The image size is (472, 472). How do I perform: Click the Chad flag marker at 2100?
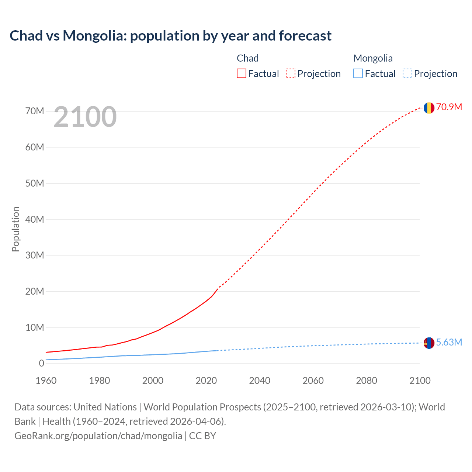[x=429, y=108]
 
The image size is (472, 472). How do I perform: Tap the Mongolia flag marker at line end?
[x=429, y=343]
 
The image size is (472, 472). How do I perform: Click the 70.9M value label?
[x=449, y=107]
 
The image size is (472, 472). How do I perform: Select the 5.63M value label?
[x=449, y=343]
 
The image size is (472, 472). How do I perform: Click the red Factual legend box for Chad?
[x=241, y=73]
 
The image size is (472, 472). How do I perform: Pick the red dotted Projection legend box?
[x=291, y=73]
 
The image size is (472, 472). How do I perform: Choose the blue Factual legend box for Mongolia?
[x=358, y=73]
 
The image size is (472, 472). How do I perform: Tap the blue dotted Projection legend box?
[x=407, y=73]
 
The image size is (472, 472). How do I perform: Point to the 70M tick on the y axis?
[x=35, y=111]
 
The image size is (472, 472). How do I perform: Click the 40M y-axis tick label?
[x=35, y=220]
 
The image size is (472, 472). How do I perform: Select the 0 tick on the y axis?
[x=41, y=364]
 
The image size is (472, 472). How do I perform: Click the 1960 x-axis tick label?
[x=46, y=381]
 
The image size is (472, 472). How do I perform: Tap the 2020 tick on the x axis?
[x=206, y=381]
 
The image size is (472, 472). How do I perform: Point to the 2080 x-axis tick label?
[x=367, y=381]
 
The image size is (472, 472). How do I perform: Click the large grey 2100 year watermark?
[x=85, y=117]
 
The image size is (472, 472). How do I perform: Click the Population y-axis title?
[x=15, y=229]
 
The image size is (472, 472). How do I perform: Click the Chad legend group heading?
[x=247, y=58]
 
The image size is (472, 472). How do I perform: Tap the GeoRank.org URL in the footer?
[x=98, y=436]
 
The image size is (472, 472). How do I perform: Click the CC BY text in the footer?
[x=202, y=436]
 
